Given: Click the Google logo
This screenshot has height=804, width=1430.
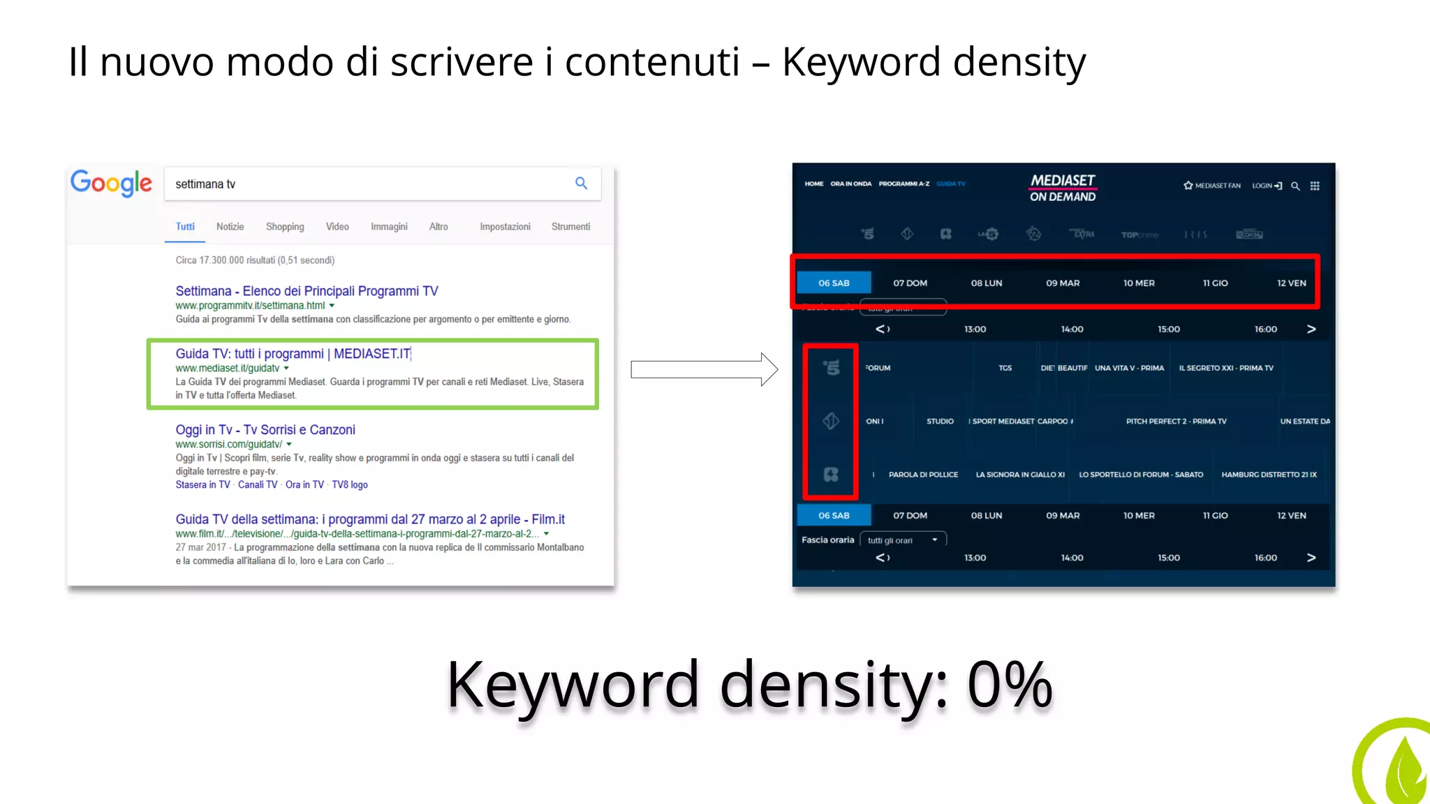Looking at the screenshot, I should pos(111,183).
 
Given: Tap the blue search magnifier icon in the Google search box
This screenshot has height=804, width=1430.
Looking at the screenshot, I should pos(581,183).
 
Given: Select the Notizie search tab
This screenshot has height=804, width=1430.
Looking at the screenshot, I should pos(230,227).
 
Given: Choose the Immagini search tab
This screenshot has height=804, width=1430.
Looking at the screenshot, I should pos(389,227).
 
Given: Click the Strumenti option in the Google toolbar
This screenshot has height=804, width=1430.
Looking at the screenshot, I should pos(570,227).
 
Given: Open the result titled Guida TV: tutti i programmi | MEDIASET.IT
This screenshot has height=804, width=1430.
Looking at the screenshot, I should pos(293,354).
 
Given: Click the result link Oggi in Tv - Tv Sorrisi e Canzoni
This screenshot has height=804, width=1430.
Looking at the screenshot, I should pos(265,430).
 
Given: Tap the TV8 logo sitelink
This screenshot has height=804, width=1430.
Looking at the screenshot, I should pos(350,485).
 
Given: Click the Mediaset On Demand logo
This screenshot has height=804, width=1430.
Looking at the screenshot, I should pos(1063,188).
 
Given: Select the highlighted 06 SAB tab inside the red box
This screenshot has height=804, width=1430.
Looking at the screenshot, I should pos(834,283).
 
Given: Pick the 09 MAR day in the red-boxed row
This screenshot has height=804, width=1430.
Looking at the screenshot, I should pos(1063,283).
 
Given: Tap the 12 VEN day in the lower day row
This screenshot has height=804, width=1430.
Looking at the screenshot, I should pos(1291,516).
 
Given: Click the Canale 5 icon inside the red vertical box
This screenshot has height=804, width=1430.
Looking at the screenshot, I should pos(831,368).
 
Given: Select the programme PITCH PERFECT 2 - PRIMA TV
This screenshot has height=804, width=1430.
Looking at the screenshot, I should pos(1176,422).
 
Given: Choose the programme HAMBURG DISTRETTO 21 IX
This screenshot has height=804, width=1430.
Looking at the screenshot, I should pos(1269,475).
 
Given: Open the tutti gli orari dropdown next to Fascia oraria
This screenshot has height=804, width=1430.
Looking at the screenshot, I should pos(903,540).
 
